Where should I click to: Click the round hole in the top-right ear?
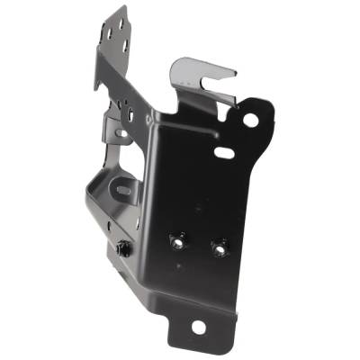250,120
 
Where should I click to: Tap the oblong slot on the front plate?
224,153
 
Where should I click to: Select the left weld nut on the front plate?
177,241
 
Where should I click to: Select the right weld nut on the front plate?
218,247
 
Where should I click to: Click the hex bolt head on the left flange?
124,248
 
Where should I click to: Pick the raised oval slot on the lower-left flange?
122,191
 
